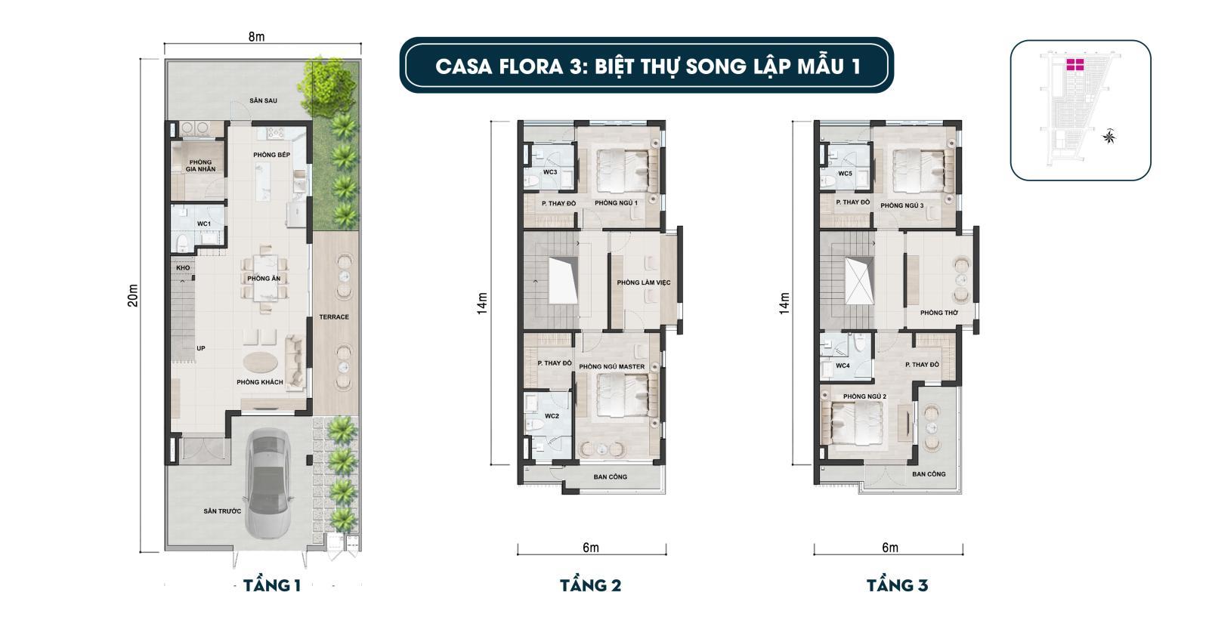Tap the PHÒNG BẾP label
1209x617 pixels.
271,155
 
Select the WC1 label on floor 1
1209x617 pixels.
203,224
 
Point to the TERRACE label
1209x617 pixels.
333,317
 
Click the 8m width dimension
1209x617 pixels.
256,37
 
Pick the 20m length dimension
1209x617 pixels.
133,295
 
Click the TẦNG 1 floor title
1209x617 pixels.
271,586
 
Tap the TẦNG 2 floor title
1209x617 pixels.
590,586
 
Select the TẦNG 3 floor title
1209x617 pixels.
897,586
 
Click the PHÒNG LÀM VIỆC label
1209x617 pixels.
643,282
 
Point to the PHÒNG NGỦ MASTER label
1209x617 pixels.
611,367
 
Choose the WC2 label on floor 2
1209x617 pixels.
552,416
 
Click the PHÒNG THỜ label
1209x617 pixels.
939,313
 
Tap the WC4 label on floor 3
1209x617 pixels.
843,366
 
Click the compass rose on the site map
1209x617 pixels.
1109,137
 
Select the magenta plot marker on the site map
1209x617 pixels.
1075,65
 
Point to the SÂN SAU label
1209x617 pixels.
264,101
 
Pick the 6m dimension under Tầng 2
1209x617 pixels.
591,548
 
